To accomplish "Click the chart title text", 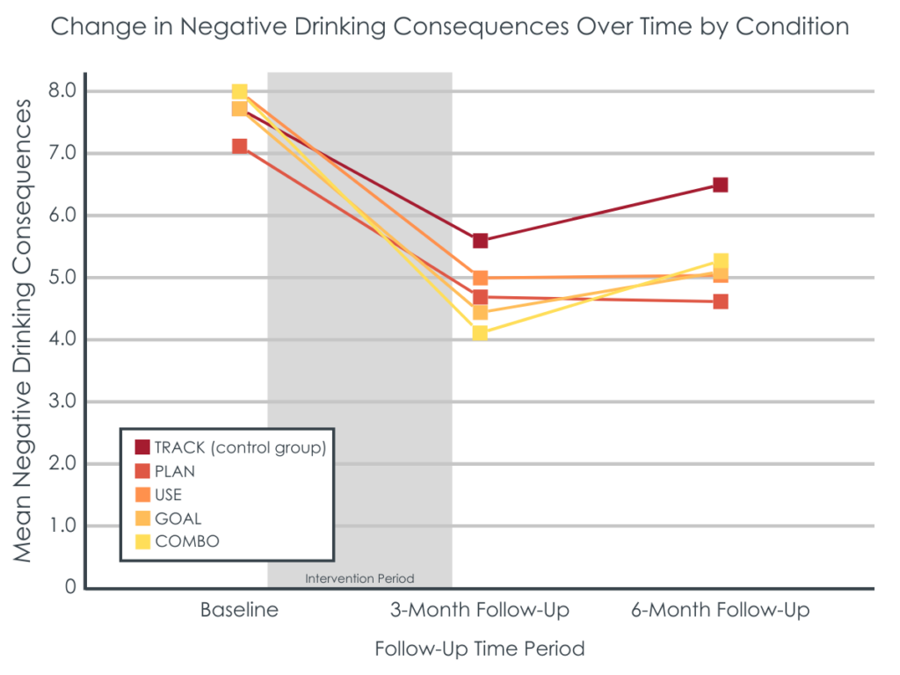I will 449,26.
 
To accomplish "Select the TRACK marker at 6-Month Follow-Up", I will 720,185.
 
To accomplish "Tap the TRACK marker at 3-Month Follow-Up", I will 480,241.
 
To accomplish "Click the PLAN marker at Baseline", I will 239,146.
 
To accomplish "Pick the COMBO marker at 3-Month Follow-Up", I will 480,333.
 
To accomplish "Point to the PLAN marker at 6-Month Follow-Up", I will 720,301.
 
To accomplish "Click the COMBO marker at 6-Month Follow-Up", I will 721,261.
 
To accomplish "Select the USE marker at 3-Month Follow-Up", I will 480,278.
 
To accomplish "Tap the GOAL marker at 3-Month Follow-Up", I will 480,312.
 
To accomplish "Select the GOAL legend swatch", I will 142,519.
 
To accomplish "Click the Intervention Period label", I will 359,578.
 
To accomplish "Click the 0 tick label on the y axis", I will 69,587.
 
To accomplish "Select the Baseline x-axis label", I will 239,610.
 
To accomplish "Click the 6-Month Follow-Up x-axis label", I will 720,610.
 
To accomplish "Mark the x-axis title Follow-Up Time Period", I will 479,650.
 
